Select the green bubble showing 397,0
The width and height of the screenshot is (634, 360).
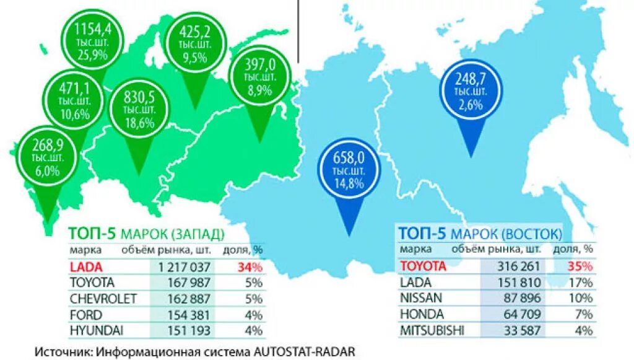pyautogui.click(x=259, y=77)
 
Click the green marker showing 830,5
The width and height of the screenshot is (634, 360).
pyautogui.click(x=138, y=108)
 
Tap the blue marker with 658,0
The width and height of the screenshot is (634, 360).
pyautogui.click(x=350, y=167)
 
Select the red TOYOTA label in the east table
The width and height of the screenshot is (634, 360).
pyautogui.click(x=422, y=266)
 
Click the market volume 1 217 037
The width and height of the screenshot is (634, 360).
pyautogui.click(x=185, y=267)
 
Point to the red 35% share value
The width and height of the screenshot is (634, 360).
pyautogui.click(x=582, y=266)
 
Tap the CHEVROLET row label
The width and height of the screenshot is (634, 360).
pyautogui.click(x=103, y=299)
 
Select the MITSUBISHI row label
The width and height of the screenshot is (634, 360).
pyautogui.click(x=432, y=330)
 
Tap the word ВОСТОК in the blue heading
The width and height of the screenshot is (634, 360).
pyautogui.click(x=532, y=234)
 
